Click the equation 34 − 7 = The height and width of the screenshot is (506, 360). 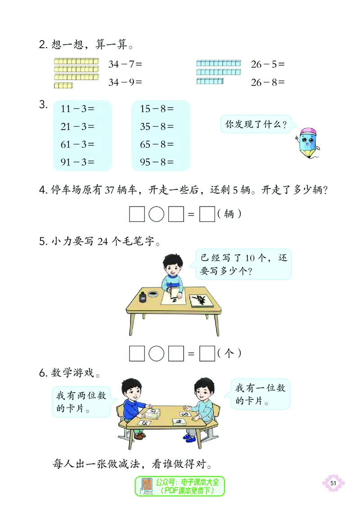coord(125,64)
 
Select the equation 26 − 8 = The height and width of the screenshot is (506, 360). coord(268,82)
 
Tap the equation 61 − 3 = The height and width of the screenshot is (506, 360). coord(77,144)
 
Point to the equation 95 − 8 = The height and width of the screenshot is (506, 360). coord(157,162)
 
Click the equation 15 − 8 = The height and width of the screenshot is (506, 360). coord(157,108)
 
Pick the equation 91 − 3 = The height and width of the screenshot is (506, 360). coord(77,162)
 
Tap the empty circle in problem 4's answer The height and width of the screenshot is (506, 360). coord(156,214)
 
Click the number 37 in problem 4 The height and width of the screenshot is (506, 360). coord(110,190)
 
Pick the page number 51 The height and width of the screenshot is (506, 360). coord(333,483)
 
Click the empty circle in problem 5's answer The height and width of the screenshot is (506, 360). coord(156,353)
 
